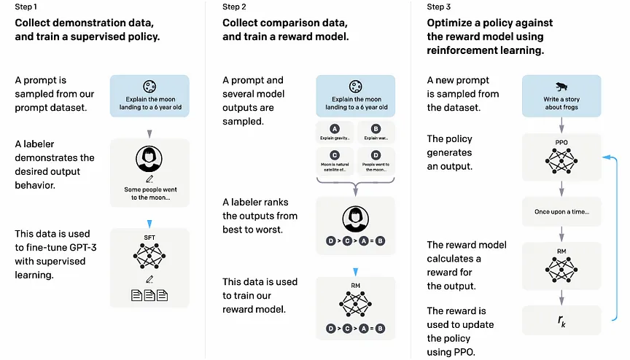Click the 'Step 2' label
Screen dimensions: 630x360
pyautogui.click(x=234, y=7)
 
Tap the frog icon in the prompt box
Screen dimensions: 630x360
pyautogui.click(x=561, y=87)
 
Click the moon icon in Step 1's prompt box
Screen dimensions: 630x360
pyautogui.click(x=149, y=86)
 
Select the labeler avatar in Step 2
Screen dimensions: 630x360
pyautogui.click(x=355, y=219)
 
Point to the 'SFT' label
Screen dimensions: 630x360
pyautogui.click(x=149, y=238)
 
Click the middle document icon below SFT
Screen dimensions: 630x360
pyautogui.click(x=149, y=295)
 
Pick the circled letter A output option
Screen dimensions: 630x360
pyautogui.click(x=334, y=129)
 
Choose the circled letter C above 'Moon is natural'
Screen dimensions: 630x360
pyautogui.click(x=334, y=155)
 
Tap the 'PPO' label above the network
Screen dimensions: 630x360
pyautogui.click(x=561, y=143)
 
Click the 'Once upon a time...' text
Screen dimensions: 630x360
pyautogui.click(x=561, y=211)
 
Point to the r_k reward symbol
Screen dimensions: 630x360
pyautogui.click(x=561, y=321)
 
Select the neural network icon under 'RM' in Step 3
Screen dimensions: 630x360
pyautogui.click(x=561, y=270)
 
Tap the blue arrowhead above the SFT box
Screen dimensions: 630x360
pyautogui.click(x=149, y=224)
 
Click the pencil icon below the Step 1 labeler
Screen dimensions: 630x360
pyautogui.click(x=149, y=179)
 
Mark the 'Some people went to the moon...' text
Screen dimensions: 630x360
pyautogui.click(x=150, y=193)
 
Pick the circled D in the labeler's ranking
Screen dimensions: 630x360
pyautogui.click(x=330, y=240)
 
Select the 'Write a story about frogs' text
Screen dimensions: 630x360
pyautogui.click(x=561, y=103)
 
